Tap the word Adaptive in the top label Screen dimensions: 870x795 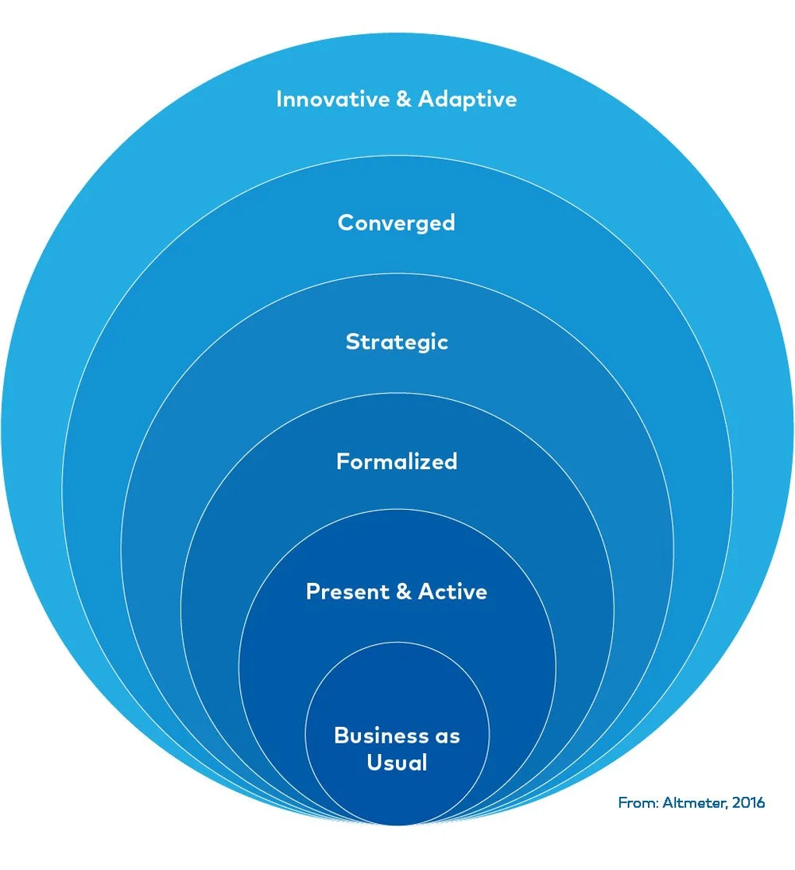[x=467, y=99]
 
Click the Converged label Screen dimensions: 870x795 [x=396, y=222]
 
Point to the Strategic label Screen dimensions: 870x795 [x=397, y=342]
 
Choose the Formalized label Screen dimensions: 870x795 [x=397, y=461]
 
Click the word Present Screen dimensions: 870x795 [x=347, y=592]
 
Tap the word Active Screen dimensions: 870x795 [x=452, y=592]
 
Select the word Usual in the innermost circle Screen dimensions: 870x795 [x=397, y=763]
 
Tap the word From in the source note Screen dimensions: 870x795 [x=635, y=802]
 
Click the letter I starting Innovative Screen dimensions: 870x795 [x=279, y=99]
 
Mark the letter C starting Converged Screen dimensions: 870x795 [x=344, y=222]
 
